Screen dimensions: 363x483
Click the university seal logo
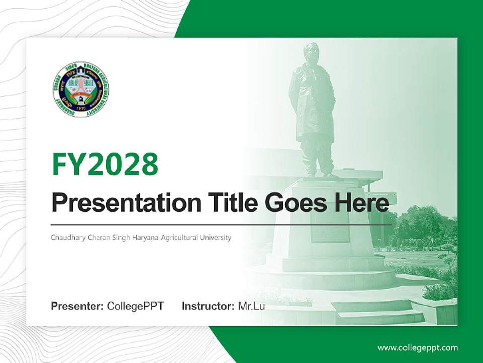[x=81, y=90]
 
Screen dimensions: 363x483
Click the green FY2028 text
[x=105, y=164]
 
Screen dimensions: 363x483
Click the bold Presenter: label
[x=77, y=306]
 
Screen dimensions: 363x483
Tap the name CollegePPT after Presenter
[x=135, y=306]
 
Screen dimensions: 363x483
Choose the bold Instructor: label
[x=208, y=306]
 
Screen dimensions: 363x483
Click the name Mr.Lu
[x=252, y=306]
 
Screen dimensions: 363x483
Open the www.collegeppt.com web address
[x=418, y=348]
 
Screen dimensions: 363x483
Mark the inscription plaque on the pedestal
[x=330, y=230]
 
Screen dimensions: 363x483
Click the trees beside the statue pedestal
[x=423, y=227]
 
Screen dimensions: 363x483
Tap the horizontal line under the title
[x=221, y=224]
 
